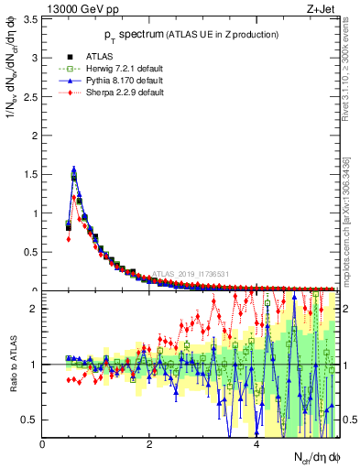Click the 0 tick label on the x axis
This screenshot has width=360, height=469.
coord(42,445)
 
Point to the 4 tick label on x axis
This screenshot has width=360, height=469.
coord(256,445)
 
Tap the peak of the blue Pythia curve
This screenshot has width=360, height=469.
coord(73,169)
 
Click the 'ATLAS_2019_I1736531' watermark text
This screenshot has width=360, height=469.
coord(193,273)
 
